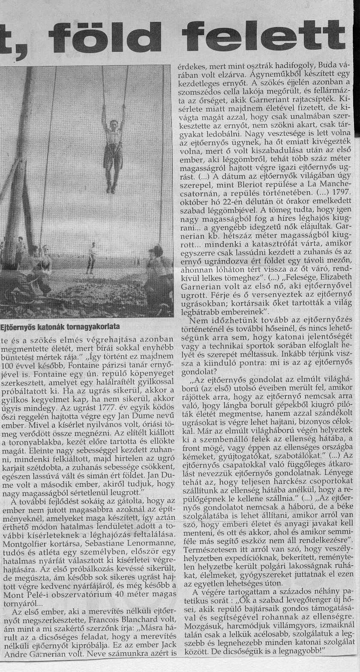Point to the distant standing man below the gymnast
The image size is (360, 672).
pos(90,257)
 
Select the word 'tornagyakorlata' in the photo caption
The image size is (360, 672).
pos(92,326)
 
